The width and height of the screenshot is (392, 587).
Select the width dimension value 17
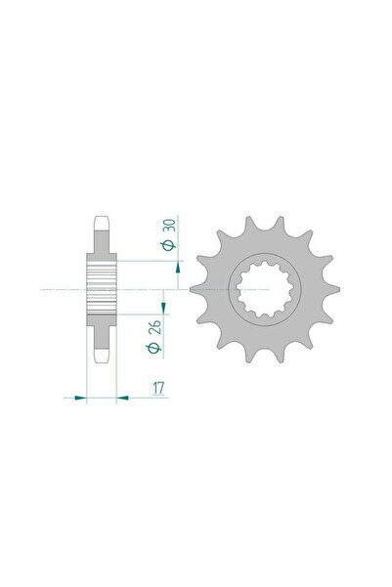pos(157,387)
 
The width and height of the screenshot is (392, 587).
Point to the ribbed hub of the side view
pos(102,289)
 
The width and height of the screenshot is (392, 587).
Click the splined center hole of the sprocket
pos(264,289)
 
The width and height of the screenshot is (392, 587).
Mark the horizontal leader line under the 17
pos(147,398)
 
